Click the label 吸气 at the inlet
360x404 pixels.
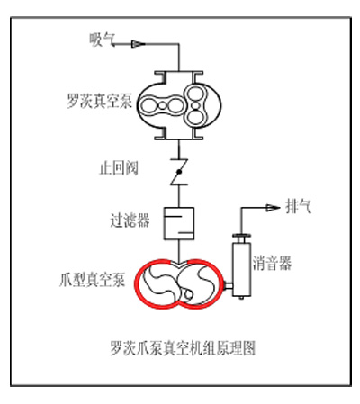[x=102, y=40]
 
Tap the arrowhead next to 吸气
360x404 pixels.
[x=138, y=44]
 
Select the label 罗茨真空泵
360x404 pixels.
[x=99, y=101]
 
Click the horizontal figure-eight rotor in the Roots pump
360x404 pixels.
[x=162, y=105]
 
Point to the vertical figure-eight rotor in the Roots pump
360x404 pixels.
[x=195, y=105]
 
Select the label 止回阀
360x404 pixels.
[x=119, y=168]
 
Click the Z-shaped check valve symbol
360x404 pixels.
[x=179, y=172]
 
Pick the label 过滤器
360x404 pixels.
[x=130, y=220]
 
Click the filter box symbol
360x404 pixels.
[x=179, y=223]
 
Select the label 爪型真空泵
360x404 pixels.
[x=93, y=280]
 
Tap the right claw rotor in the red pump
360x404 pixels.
[x=199, y=283]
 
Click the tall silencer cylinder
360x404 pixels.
[x=241, y=269]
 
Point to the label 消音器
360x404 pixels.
[x=272, y=264]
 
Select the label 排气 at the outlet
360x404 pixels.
[x=299, y=207]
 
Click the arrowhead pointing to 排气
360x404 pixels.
[x=273, y=208]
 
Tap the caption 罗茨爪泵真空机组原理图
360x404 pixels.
[x=183, y=348]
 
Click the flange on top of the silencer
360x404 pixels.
[x=241, y=236]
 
